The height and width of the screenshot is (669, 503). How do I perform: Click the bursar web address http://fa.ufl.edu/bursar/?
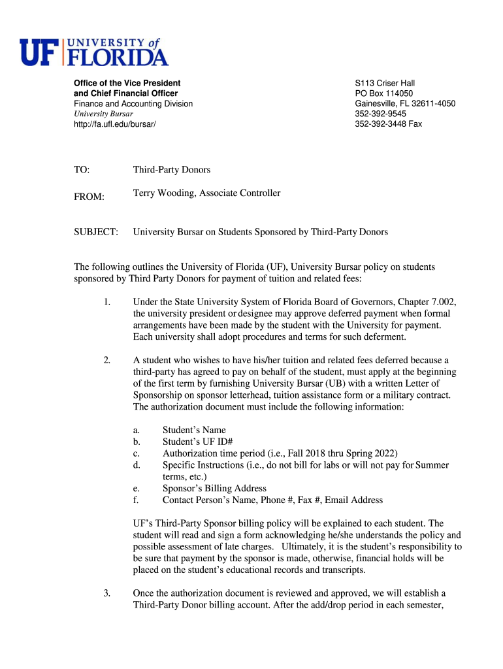tap(115, 123)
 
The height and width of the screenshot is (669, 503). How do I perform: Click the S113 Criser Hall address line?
tap(385, 83)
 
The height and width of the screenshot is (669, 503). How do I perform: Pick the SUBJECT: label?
tap(96, 232)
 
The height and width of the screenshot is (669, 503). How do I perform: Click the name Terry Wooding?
tap(163, 193)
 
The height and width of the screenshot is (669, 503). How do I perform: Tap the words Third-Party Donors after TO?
tap(172, 170)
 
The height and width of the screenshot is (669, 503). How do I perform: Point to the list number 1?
tap(107, 302)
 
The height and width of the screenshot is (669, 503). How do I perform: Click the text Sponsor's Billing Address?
tap(214, 489)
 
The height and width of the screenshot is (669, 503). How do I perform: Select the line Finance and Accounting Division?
tap(133, 103)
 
